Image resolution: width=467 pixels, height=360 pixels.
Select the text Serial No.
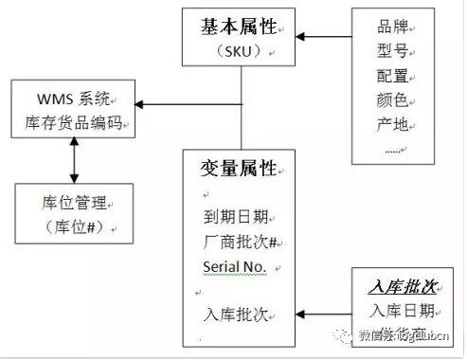coord(235,266)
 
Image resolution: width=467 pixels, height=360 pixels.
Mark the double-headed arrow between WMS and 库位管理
coord(73,162)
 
